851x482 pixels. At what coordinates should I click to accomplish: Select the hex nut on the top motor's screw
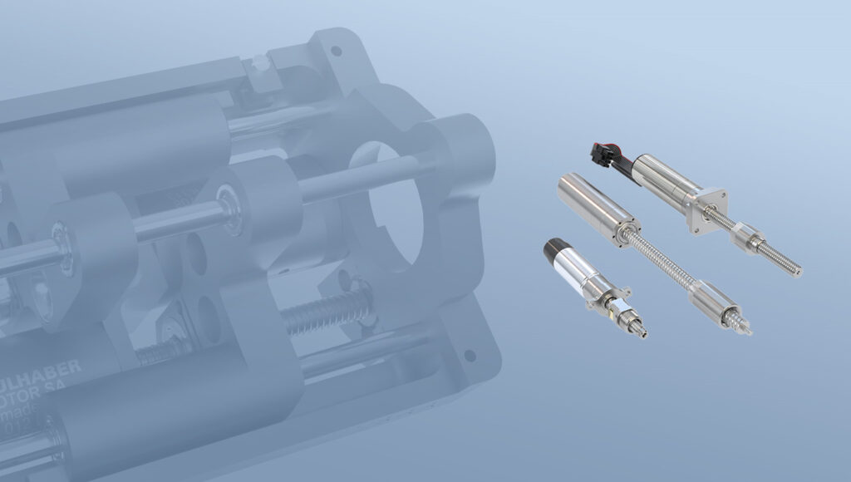(x=749, y=236)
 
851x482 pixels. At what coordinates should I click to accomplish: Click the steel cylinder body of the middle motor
(x=591, y=199)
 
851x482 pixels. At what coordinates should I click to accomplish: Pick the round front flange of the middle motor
(x=628, y=227)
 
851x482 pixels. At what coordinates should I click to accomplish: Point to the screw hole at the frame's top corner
(x=336, y=52)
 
